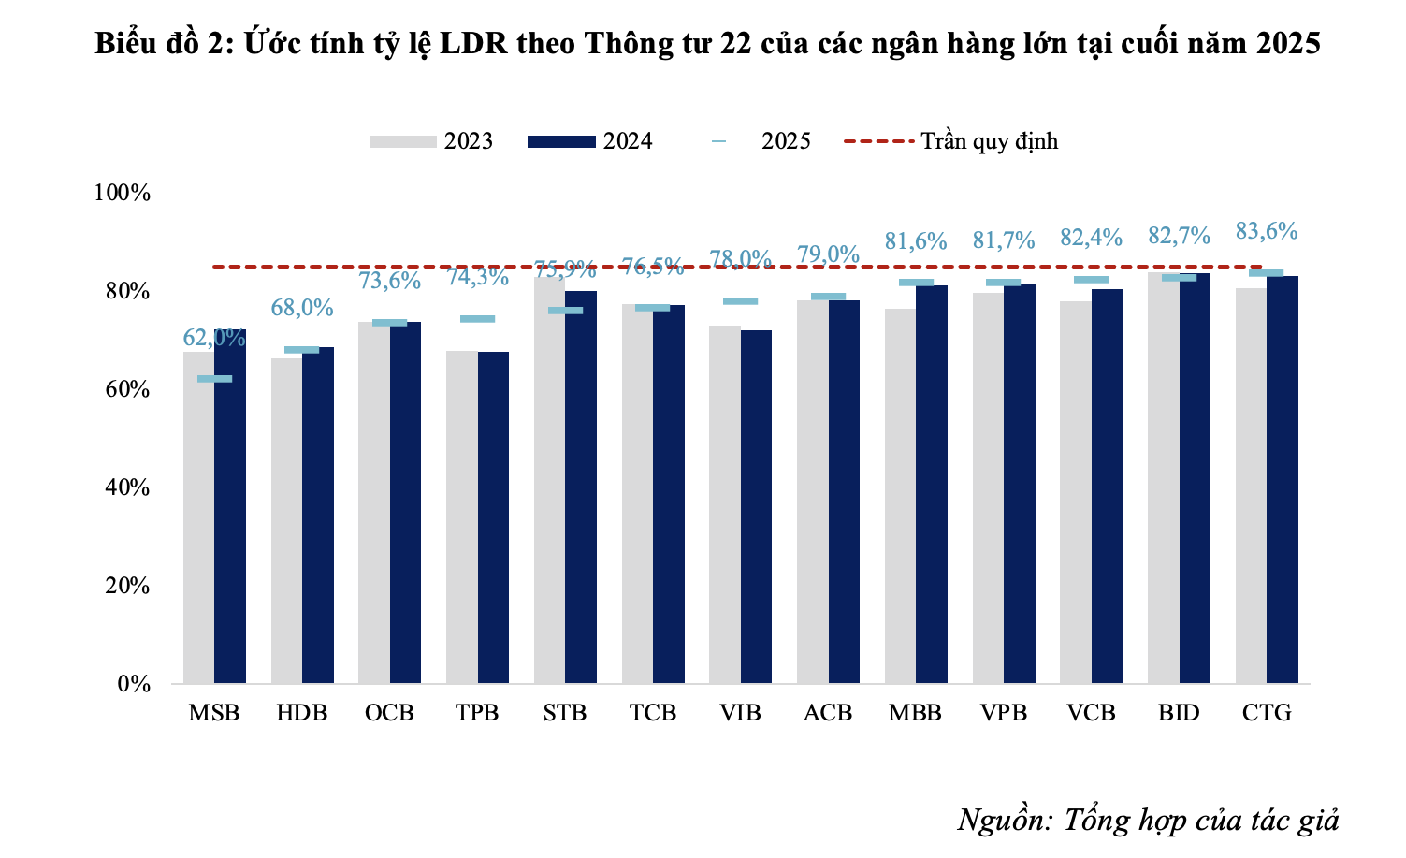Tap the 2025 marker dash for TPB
[477, 319]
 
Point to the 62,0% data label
[214, 337]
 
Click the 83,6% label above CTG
[1267, 231]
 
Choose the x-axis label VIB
[740, 713]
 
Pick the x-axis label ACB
[828, 713]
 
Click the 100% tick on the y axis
[123, 193]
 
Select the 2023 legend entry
[431, 141]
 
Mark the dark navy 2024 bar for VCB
[1107, 487]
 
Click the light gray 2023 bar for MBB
[900, 496]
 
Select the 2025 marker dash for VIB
[740, 301]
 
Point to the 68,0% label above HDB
[302, 308]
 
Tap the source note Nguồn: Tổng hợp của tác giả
[1148, 820]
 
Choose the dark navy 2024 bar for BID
[1195, 477]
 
